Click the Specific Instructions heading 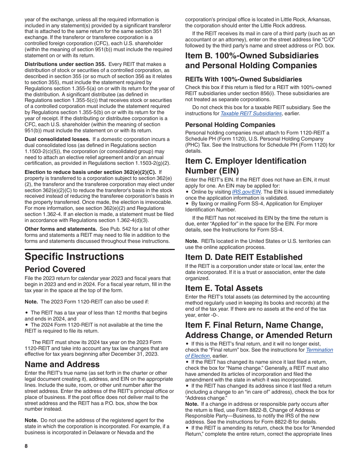(x=74, y=257)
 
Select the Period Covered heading (x=55, y=269)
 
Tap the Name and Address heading (x=62, y=364)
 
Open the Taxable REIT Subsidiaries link (x=251, y=113)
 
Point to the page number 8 (x=26, y=446)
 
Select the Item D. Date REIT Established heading (x=244, y=257)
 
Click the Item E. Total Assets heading (x=224, y=288)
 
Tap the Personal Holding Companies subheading (x=230, y=125)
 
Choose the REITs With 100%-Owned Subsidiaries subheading (x=243, y=79)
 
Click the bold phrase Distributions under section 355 (x=65, y=64)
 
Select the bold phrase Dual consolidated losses (x=57, y=139)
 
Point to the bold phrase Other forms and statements (x=61, y=229)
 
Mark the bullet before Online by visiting (x=187, y=192)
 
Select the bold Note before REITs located (x=192, y=241)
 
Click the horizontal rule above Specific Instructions (x=100, y=249)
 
